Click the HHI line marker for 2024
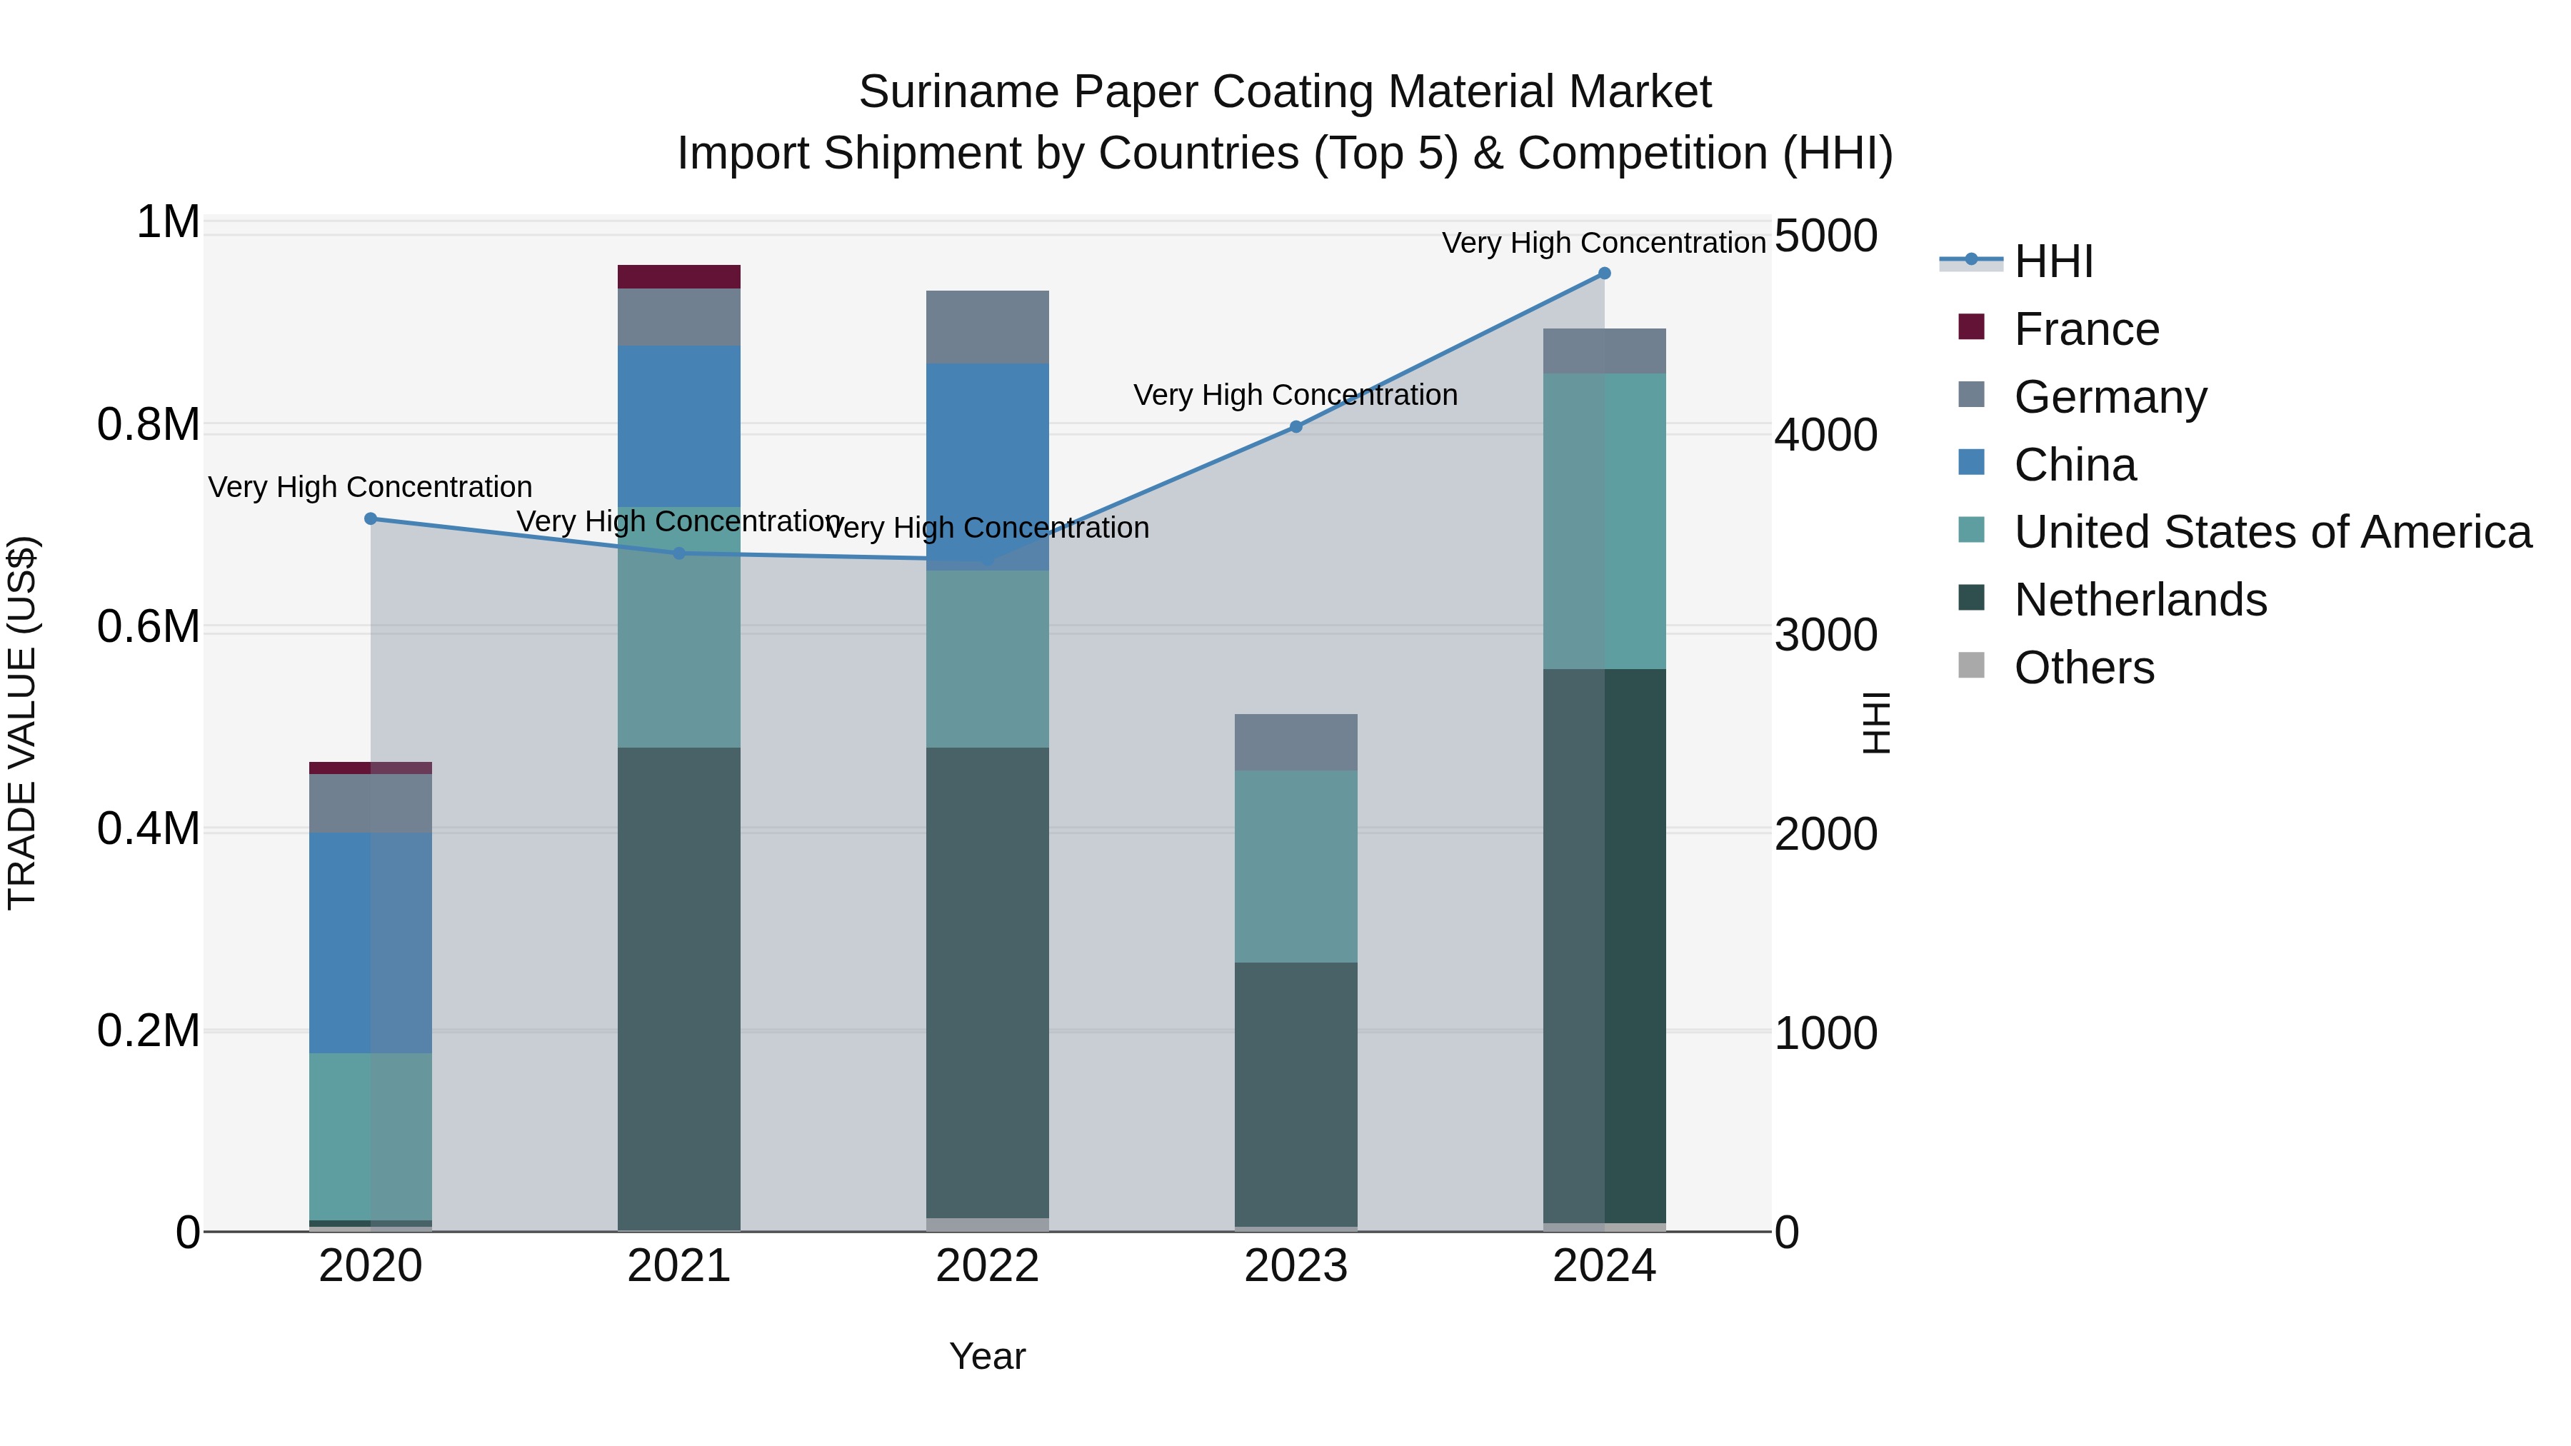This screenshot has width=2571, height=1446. tap(1604, 273)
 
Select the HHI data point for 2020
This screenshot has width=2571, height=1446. tap(370, 519)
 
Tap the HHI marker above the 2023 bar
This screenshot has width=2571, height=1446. tap(1295, 427)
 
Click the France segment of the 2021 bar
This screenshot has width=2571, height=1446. tap(678, 276)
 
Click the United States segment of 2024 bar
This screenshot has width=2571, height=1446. tap(1604, 521)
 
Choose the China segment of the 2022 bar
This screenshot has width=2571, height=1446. tap(987, 466)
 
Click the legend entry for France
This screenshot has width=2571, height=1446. tap(2086, 329)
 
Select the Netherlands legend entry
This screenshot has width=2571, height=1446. tap(2140, 600)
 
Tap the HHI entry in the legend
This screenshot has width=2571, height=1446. tap(2053, 261)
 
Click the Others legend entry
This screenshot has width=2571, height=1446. tap(2084, 668)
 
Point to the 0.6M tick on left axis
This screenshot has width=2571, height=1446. tap(148, 627)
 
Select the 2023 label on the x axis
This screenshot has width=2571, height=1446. tap(1295, 1266)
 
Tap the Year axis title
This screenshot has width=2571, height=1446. tap(987, 1356)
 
